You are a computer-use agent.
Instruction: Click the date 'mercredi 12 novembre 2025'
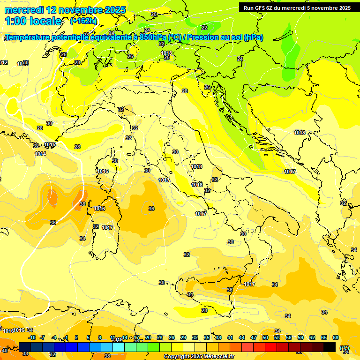pyautogui.click(x=65, y=10)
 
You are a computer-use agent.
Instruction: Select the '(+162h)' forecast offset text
pyautogui.click(x=83, y=21)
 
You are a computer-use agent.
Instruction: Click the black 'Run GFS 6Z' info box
pyautogui.click(x=297, y=7)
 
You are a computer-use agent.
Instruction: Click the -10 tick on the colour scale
pyautogui.click(x=32, y=337)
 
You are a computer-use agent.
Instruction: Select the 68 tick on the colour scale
pyautogui.click(x=336, y=337)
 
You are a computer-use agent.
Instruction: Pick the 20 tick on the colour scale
pyautogui.click(x=148, y=337)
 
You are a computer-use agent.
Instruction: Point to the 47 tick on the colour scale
pyautogui.click(x=254, y=337)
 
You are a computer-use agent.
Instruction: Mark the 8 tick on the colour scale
pyautogui.click(x=100, y=337)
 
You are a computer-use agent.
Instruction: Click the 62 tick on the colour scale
pyautogui.click(x=312, y=337)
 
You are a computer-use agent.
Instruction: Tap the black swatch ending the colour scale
pyautogui.click(x=330, y=347)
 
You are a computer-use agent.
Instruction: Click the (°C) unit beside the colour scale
pyautogui.click(x=345, y=348)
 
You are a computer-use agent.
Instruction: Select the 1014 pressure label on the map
pyautogui.click(x=40, y=154)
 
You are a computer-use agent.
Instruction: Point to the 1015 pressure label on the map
pyautogui.click(x=50, y=145)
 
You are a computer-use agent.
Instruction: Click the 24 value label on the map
pyautogui.click(x=147, y=30)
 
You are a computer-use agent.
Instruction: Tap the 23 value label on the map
pyautogui.click(x=240, y=59)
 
